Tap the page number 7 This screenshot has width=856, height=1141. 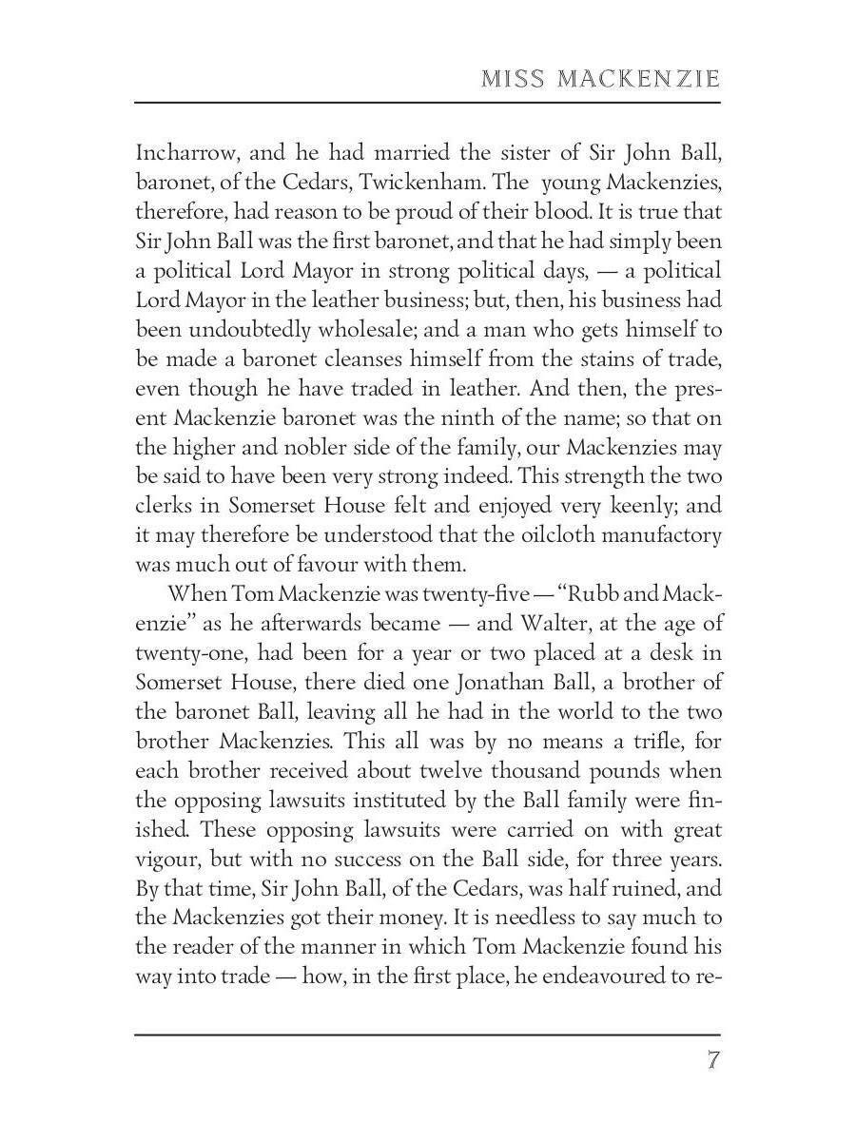pos(712,1060)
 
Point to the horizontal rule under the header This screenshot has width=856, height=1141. pos(428,102)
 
